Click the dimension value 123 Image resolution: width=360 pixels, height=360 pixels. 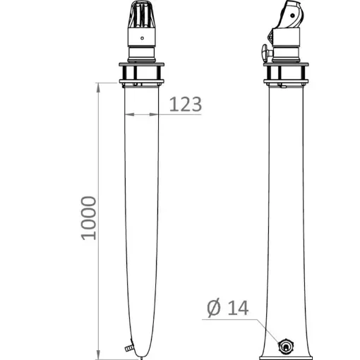(x=186, y=104)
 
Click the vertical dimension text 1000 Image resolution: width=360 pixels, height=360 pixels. (x=88, y=217)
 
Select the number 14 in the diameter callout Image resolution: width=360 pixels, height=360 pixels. (x=239, y=308)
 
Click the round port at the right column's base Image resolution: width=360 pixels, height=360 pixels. (x=286, y=346)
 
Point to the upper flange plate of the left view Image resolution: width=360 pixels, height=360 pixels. (x=142, y=65)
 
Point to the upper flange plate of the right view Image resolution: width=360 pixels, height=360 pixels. (x=287, y=65)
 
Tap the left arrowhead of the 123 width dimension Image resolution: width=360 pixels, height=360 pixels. (x=127, y=115)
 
